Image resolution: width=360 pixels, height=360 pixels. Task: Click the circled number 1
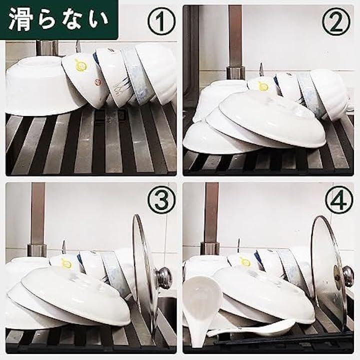pyautogui.click(x=161, y=21)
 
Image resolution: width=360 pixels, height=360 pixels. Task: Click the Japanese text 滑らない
pyautogui.click(x=58, y=19)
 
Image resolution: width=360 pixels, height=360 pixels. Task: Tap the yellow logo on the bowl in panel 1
pyautogui.click(x=81, y=65)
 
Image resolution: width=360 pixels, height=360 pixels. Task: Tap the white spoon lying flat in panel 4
pyautogui.click(x=250, y=328)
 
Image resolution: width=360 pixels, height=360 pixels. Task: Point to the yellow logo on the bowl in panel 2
pyautogui.click(x=263, y=86)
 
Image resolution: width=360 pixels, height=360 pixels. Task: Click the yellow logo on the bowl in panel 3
pyautogui.click(x=66, y=263)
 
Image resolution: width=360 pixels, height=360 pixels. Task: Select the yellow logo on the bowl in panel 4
pyautogui.click(x=245, y=262)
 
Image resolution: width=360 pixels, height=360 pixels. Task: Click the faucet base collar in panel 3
pyautogui.click(x=37, y=250)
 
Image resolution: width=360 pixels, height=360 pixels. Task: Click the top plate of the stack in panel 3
pyautogui.click(x=76, y=296)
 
